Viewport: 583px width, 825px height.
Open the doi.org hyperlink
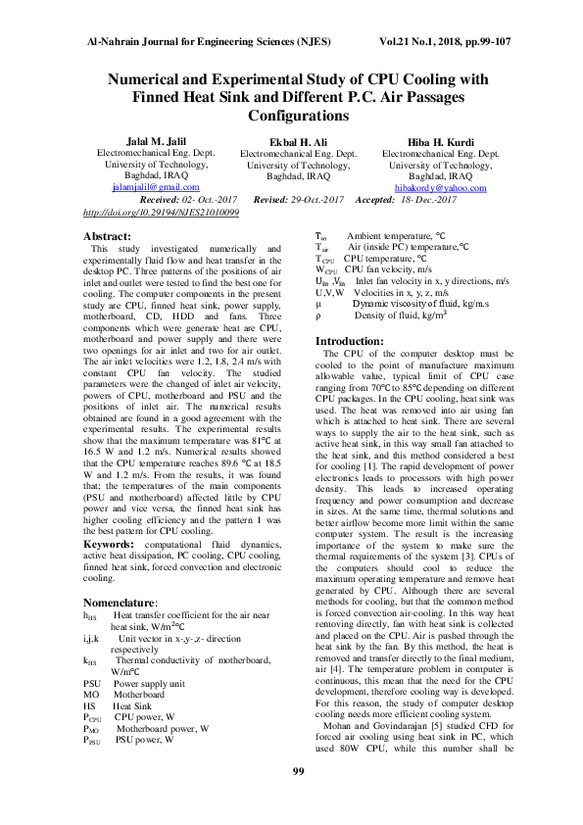coord(162,211)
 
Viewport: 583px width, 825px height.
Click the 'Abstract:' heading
coord(108,236)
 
